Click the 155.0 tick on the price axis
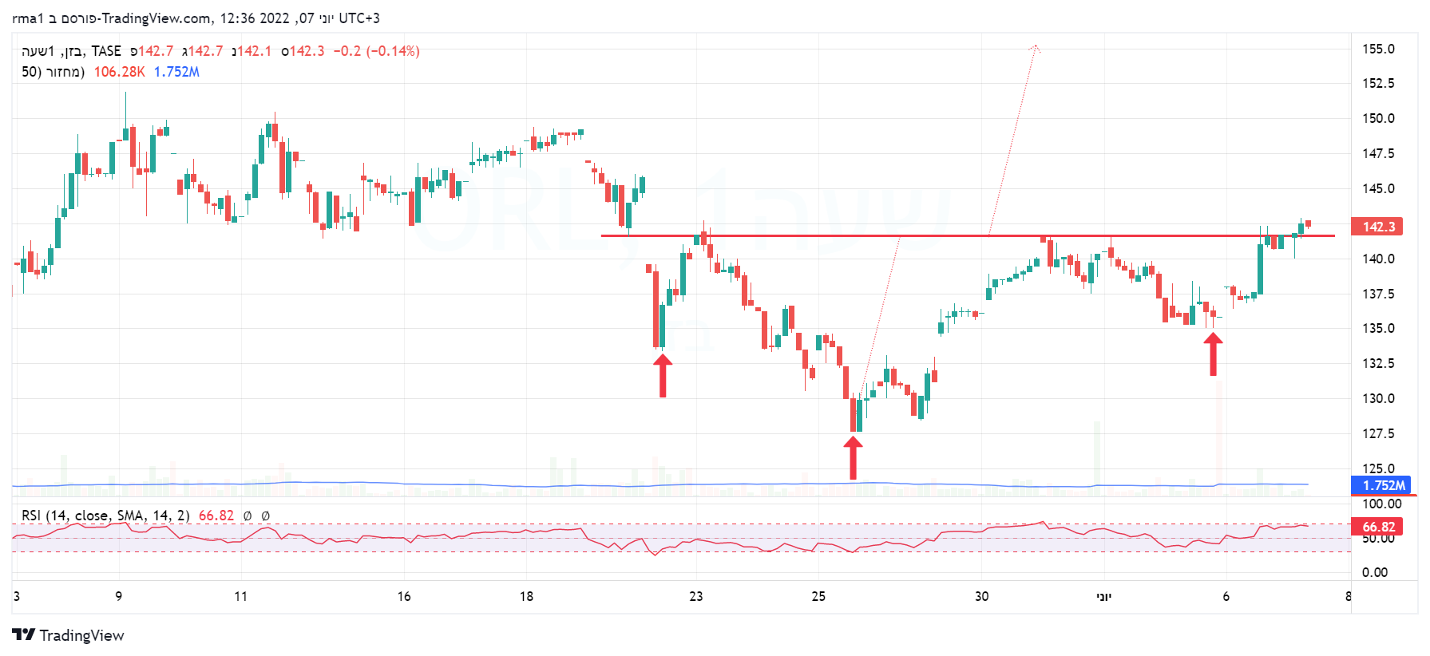pyautogui.click(x=1378, y=49)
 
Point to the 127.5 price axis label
pyautogui.click(x=1378, y=433)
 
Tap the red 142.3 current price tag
pyautogui.click(x=1378, y=227)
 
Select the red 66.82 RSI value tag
pyautogui.click(x=1378, y=527)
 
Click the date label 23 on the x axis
pyautogui.click(x=696, y=596)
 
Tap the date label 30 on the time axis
pyautogui.click(x=981, y=596)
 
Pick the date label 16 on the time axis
pyautogui.click(x=404, y=596)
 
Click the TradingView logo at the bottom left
pyautogui.click(x=69, y=635)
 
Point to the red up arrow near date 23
pyautogui.click(x=663, y=375)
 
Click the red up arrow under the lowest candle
pyautogui.click(x=854, y=457)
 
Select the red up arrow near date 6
pyautogui.click(x=1213, y=354)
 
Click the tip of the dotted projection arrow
pyautogui.click(x=1035, y=47)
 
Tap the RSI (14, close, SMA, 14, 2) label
pyautogui.click(x=105, y=516)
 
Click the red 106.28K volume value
pyautogui.click(x=119, y=72)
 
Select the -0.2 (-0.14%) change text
pyautogui.click(x=376, y=51)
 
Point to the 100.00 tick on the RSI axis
pyautogui.click(x=1381, y=504)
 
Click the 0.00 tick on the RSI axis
pyautogui.click(x=1375, y=572)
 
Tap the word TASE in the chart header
pyautogui.click(x=106, y=51)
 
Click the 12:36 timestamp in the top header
pyautogui.click(x=237, y=18)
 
